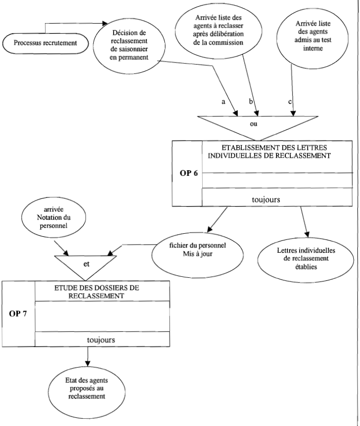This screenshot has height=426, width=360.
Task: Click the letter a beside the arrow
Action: (223, 102)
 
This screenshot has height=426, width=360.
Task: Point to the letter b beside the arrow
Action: (251, 102)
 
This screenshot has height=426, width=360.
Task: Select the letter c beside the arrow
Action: (290, 102)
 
